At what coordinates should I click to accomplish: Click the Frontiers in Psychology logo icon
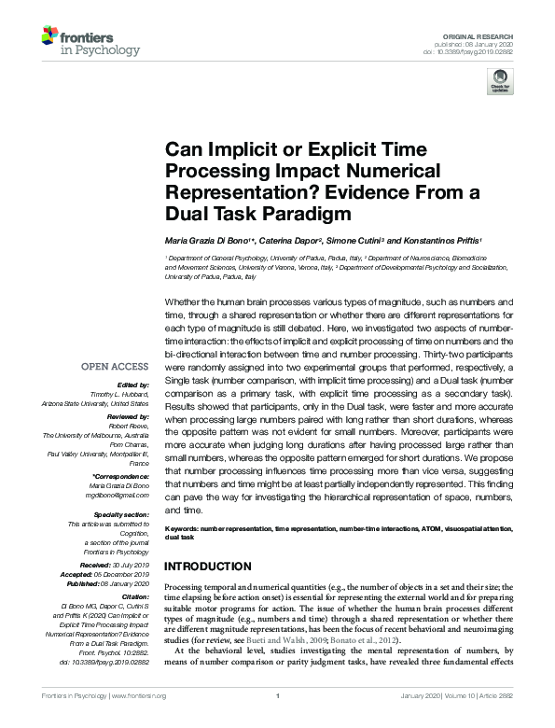[x=50, y=37]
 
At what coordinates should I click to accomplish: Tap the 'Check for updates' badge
[x=502, y=80]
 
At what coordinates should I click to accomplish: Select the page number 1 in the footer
[x=277, y=696]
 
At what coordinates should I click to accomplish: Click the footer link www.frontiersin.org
[x=140, y=696]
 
